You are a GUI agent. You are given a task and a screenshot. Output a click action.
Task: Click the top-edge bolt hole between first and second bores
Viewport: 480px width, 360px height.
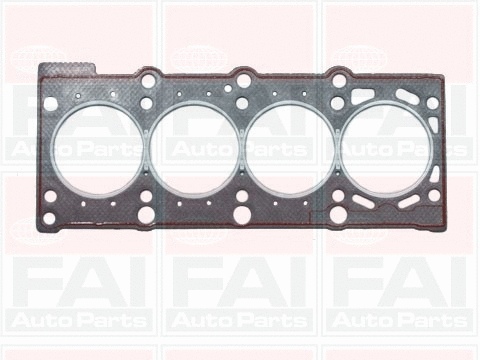pyautogui.click(x=147, y=76)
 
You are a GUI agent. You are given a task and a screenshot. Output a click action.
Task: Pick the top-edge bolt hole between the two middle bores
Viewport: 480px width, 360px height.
pyautogui.click(x=242, y=78)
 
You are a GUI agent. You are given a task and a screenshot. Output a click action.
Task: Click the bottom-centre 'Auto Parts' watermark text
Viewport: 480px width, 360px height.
pyautogui.click(x=240, y=322)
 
